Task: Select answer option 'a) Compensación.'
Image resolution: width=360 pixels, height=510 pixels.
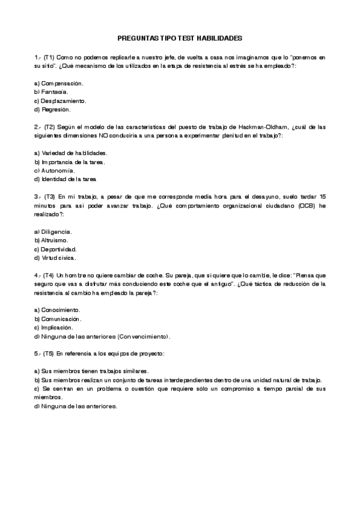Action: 58,82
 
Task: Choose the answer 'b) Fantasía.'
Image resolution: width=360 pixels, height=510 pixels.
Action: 51,91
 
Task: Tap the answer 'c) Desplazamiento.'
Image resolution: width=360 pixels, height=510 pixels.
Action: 60,100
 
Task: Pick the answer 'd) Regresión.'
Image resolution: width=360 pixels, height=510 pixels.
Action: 53,109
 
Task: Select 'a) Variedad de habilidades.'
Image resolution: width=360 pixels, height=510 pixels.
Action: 71,153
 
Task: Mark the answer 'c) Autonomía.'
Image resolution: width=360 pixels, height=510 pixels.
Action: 55,171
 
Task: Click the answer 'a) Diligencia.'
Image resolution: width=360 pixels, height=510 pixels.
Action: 53,232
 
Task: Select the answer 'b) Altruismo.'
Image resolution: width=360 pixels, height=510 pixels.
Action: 51,240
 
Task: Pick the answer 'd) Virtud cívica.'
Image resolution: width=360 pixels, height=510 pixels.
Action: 55,257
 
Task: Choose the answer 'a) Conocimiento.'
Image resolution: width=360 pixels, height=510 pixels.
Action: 57,310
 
